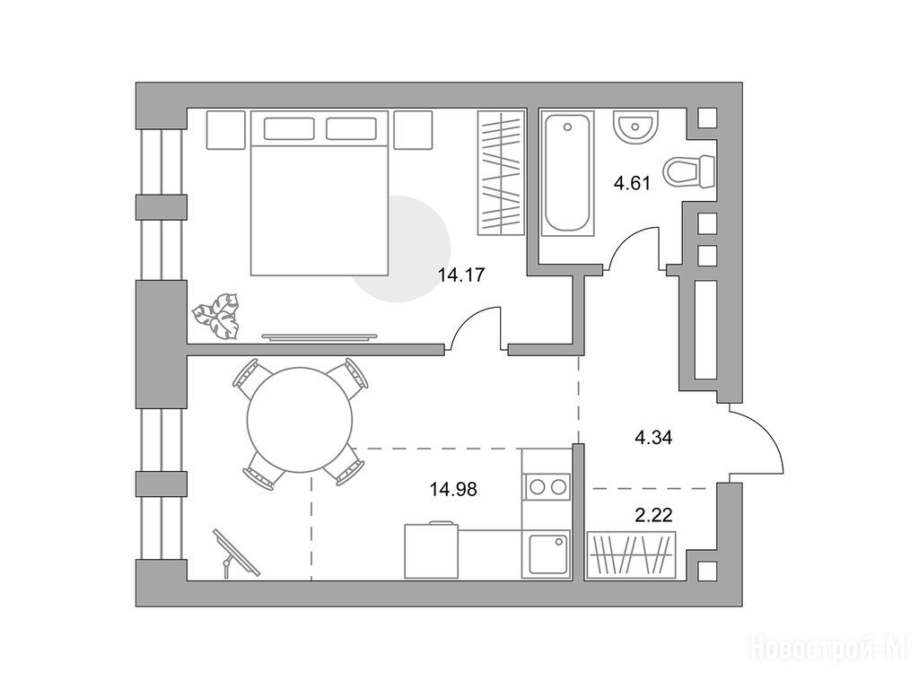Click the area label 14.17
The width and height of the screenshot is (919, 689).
tap(461, 275)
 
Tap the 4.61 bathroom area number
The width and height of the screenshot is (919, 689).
tap(632, 183)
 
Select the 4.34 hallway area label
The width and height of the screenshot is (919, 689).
tap(653, 437)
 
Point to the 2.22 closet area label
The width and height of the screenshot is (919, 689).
tap(653, 516)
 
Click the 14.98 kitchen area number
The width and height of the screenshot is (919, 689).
tap(453, 489)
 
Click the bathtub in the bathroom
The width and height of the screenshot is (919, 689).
tap(567, 173)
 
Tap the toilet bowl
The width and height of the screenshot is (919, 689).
tap(689, 171)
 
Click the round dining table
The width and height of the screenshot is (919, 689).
tap(300, 420)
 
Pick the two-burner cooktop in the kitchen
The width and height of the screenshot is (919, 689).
tap(547, 486)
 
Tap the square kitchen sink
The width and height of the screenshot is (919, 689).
tap(547, 554)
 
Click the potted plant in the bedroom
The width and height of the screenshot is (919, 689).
tap(216, 316)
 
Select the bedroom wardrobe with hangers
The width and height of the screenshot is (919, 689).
tap(501, 173)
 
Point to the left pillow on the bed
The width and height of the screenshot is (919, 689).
tap(289, 128)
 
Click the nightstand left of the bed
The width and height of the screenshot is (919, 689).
tap(225, 129)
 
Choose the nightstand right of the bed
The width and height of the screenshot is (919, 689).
tap(413, 129)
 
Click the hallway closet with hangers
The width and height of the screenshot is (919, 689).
tap(632, 554)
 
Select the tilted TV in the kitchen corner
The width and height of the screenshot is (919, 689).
tap(236, 553)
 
